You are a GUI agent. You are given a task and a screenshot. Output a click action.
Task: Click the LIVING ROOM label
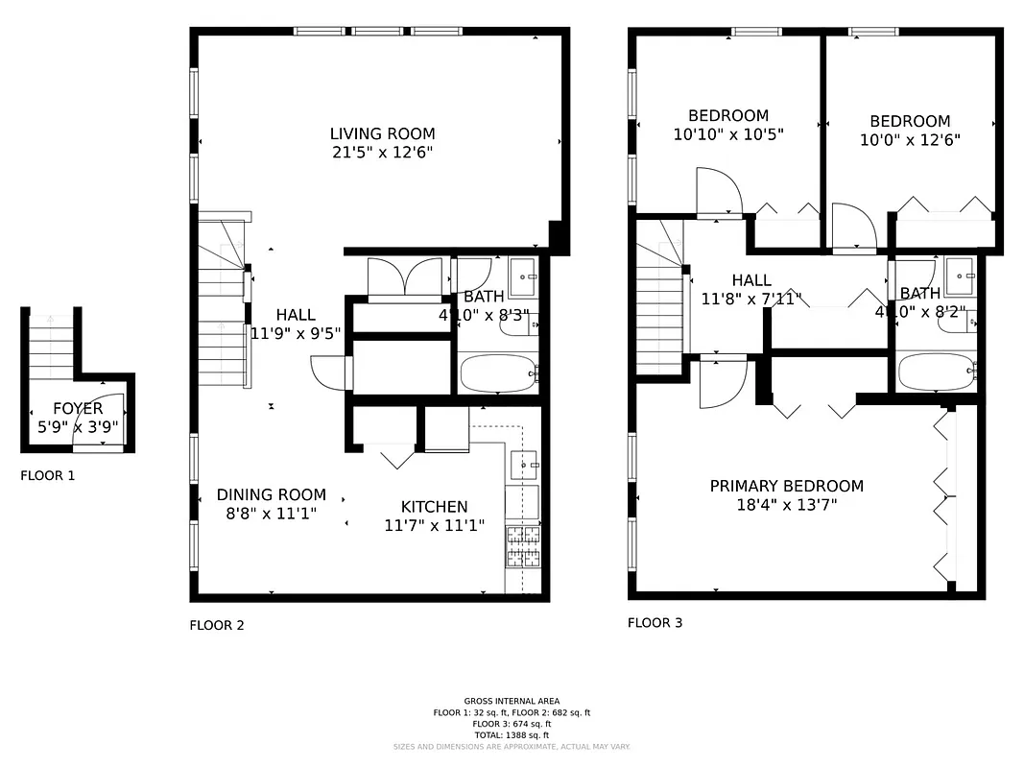(382, 134)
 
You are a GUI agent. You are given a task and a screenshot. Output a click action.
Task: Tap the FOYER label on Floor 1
(78, 409)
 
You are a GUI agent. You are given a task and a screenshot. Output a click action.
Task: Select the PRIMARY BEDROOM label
(786, 487)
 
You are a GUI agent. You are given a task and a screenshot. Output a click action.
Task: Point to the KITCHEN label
(434, 507)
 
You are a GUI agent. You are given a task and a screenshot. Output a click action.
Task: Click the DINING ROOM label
(271, 495)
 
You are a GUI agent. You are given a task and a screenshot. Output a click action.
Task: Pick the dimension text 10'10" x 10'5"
(728, 135)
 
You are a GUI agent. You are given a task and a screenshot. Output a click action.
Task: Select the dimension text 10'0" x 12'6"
(910, 139)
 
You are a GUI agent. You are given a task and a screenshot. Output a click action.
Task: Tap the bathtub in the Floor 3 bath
(935, 372)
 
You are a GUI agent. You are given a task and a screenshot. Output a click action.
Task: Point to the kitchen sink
(523, 465)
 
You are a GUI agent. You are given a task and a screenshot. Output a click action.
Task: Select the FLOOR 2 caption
(216, 625)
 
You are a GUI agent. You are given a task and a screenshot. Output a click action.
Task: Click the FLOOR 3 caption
(655, 623)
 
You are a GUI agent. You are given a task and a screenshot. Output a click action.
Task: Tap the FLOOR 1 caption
(47, 475)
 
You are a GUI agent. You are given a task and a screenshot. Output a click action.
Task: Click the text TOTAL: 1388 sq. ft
(512, 735)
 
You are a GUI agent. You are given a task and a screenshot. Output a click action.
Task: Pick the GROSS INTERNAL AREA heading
(512, 702)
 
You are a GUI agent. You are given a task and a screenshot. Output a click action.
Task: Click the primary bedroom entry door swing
(722, 384)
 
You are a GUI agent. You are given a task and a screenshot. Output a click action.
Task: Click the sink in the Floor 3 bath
(959, 276)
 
